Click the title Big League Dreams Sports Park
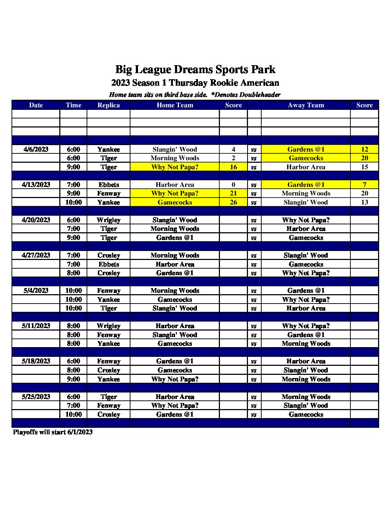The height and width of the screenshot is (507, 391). tap(195, 69)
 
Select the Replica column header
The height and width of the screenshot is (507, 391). tap(109, 105)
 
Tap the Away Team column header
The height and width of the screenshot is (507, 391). tap(306, 105)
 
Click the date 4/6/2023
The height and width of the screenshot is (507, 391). tap(36, 149)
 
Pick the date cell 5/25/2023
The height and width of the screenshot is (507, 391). tap(36, 397)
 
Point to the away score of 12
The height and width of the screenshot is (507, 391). tap(364, 149)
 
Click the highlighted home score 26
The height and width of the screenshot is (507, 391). tap(233, 202)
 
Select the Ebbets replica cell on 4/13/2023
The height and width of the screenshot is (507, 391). tap(109, 185)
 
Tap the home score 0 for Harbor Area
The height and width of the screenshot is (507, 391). tap(233, 185)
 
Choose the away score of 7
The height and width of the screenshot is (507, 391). tap(364, 185)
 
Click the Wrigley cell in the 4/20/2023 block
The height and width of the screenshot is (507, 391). tap(109, 220)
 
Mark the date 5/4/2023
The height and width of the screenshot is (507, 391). tap(36, 291)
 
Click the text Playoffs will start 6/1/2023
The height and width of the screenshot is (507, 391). tap(53, 432)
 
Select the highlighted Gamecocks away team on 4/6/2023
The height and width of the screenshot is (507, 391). tap(306, 158)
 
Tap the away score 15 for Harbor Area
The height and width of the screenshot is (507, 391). tap(364, 167)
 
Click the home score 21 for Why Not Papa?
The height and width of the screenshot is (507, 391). tap(233, 193)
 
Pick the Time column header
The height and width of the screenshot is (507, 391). tap(73, 105)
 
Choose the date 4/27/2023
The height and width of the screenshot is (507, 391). tap(36, 255)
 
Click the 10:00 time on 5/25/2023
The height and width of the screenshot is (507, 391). tap(73, 414)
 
